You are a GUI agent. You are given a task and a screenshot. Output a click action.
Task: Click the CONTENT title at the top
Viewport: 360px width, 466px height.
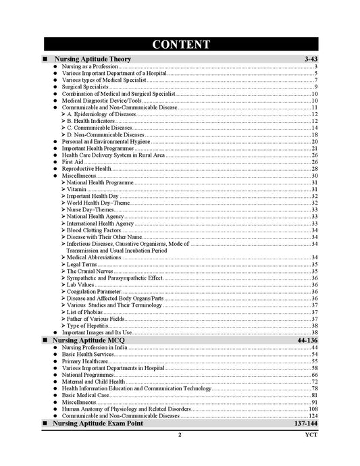pyautogui.click(x=180, y=45)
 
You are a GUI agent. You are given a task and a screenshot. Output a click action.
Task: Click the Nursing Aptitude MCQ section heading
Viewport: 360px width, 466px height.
pyautogui.click(x=91, y=340)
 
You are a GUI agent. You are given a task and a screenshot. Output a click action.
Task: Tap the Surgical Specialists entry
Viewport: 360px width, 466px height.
pyautogui.click(x=80, y=87)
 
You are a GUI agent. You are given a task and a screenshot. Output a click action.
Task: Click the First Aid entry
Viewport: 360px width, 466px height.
pyautogui.click(x=72, y=162)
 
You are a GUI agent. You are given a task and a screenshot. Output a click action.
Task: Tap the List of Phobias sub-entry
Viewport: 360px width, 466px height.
pyautogui.click(x=86, y=312)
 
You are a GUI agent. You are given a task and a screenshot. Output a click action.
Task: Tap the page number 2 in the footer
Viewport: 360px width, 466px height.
pyautogui.click(x=180, y=435)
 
